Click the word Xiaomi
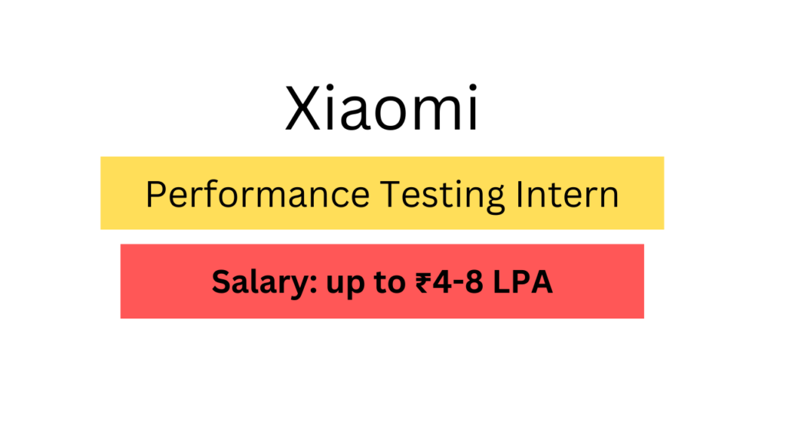pyautogui.click(x=381, y=108)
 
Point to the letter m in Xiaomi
pyautogui.click(x=439, y=114)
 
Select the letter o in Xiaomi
pyautogui.click(x=394, y=114)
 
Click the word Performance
pyautogui.click(x=258, y=194)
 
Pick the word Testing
pyautogui.click(x=442, y=196)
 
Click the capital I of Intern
pyautogui.click(x=519, y=194)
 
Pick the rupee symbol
pyautogui.click(x=424, y=282)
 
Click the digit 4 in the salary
pyautogui.click(x=443, y=282)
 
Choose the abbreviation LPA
pyautogui.click(x=523, y=282)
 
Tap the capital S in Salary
pyautogui.click(x=221, y=282)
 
